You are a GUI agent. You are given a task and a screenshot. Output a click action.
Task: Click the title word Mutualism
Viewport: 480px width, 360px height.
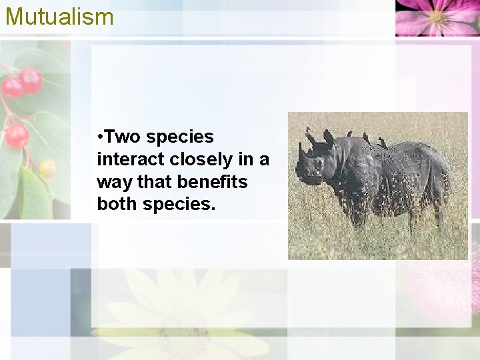[x=59, y=16]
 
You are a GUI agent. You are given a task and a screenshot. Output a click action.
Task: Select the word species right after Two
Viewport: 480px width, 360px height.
[x=180, y=138]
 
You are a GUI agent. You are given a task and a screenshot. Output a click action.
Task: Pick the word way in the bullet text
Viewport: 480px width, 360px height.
[x=111, y=183]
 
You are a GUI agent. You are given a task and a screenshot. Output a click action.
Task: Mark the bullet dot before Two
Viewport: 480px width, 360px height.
[x=99, y=138]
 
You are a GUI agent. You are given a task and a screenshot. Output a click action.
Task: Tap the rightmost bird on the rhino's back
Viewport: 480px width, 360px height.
[x=383, y=143]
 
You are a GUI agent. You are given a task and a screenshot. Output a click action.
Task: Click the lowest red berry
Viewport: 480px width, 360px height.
[x=17, y=136]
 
